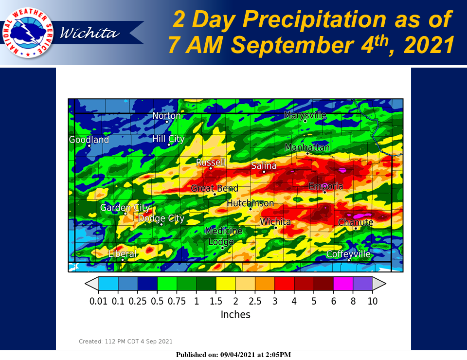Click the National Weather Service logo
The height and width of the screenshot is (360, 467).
pyautogui.click(x=28, y=33)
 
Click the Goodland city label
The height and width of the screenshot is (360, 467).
pyautogui.click(x=89, y=139)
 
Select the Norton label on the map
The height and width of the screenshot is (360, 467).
pyautogui.click(x=166, y=115)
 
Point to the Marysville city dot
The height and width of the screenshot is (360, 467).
pyautogui.click(x=305, y=121)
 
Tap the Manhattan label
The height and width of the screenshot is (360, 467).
pyautogui.click(x=307, y=147)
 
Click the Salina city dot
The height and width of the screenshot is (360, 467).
pyautogui.click(x=264, y=172)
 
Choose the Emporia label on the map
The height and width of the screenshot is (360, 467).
pyautogui.click(x=325, y=186)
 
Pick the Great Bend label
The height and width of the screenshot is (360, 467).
pyautogui.click(x=215, y=188)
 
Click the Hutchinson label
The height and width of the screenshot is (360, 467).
pyautogui.click(x=250, y=203)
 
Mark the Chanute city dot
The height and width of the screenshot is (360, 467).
pyautogui.click(x=356, y=228)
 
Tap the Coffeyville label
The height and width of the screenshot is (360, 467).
pyautogui.click(x=348, y=254)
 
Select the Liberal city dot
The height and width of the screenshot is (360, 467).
pyautogui.click(x=123, y=260)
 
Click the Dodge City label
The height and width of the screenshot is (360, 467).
pyautogui.click(x=161, y=218)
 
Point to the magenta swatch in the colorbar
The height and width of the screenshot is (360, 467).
pyautogui.click(x=343, y=283)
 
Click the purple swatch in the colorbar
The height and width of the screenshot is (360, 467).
pyautogui.click(x=363, y=283)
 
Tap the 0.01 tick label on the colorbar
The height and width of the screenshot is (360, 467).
pyautogui.click(x=98, y=301)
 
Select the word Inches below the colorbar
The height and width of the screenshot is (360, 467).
pyautogui.click(x=235, y=314)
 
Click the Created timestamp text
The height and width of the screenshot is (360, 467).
pyautogui.click(x=126, y=341)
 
